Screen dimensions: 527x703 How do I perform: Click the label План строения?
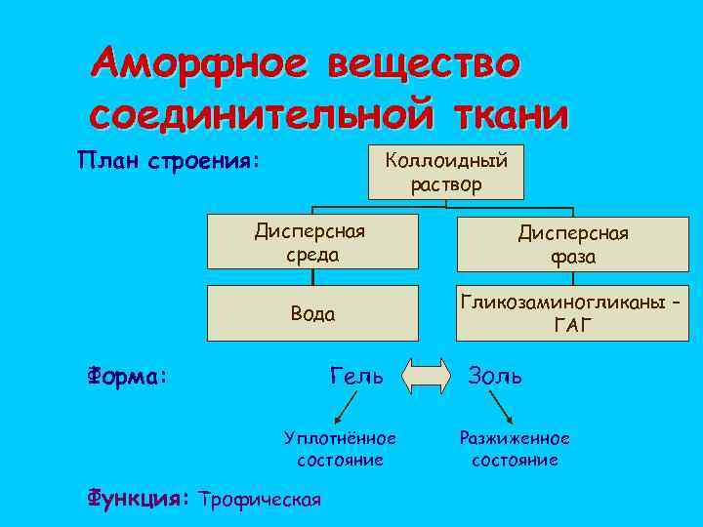pos(169,159)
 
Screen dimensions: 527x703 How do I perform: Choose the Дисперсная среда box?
pos(311,242)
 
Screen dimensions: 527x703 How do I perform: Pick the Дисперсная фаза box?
pos(574,244)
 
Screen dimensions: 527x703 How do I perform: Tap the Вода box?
pos(311,313)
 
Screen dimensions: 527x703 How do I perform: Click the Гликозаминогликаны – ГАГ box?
pos(574,313)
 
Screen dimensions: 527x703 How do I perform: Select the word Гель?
pos(356,374)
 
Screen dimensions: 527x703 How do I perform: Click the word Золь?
pos(496,374)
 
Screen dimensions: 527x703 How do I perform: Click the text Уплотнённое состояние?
pos(339,449)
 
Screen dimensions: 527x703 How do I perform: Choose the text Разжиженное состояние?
pos(515,449)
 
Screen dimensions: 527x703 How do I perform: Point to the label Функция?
pos(138,499)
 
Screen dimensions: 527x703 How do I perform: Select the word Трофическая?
pos(259,500)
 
